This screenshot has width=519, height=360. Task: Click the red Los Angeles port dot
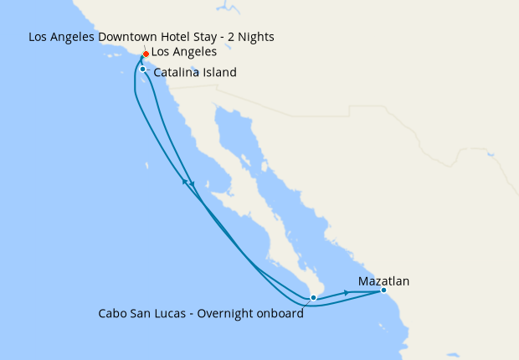click(146, 54)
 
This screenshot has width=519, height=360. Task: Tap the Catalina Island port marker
click(143, 69)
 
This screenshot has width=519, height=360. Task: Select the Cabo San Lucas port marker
click(313, 297)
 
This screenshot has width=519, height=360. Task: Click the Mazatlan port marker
click(383, 291)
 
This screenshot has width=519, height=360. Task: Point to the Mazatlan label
click(383, 281)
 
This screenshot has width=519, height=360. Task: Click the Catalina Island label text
click(195, 73)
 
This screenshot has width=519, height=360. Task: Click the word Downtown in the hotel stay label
click(132, 37)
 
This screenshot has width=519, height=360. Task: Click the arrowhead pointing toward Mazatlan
click(347, 293)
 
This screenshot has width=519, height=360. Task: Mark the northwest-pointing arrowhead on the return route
click(184, 180)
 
